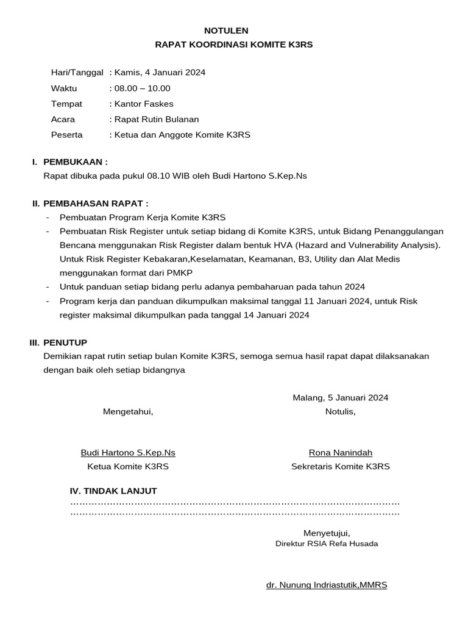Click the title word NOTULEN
[225, 30]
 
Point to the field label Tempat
[66, 104]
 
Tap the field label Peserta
[67, 135]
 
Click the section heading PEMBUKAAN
[75, 162]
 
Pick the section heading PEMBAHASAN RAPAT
[96, 204]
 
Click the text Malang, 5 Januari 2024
[340, 398]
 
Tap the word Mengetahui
[128, 412]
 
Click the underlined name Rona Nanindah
[340, 453]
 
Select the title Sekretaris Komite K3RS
[340, 467]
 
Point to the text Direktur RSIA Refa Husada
[327, 544]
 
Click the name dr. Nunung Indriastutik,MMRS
[327, 585]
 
